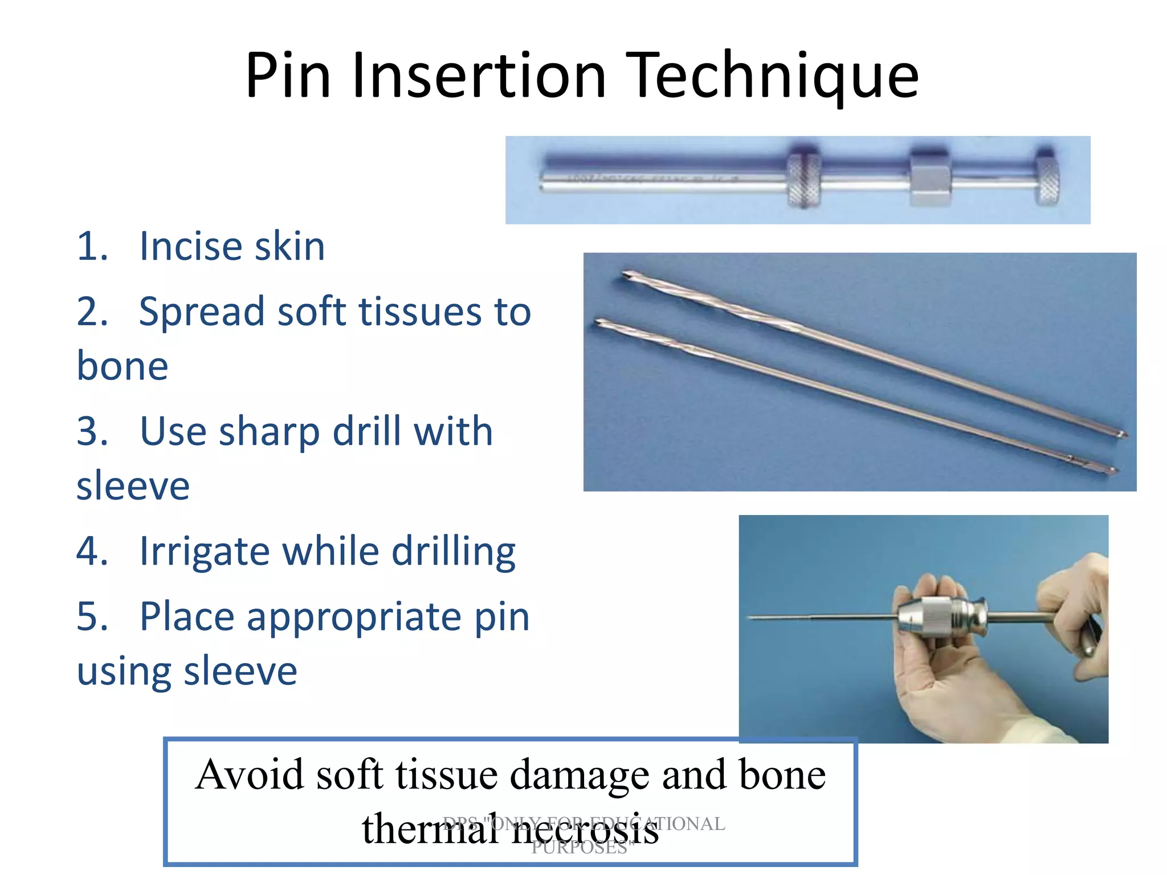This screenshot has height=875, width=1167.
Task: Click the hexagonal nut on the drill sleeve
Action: pos(929,178)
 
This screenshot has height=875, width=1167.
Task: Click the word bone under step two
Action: pos(123,366)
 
